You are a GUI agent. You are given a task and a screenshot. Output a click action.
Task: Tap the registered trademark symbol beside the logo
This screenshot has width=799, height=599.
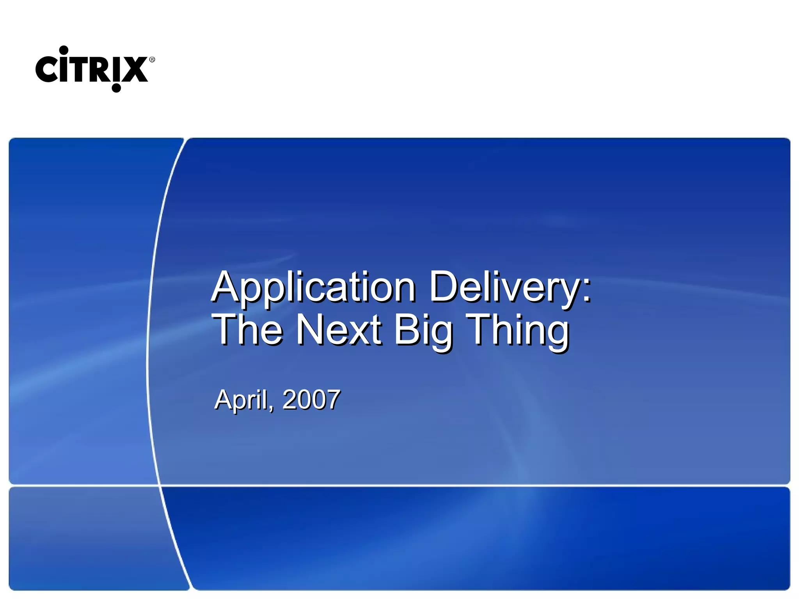point(152,60)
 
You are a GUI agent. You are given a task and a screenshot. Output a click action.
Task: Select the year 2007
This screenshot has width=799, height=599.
point(311,400)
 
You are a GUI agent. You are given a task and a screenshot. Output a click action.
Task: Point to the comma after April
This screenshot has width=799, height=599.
point(271,408)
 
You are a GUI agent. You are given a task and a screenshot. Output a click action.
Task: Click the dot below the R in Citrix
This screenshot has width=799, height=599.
point(116,87)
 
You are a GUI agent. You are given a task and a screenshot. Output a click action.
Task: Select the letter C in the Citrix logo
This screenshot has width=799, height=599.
point(46,69)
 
